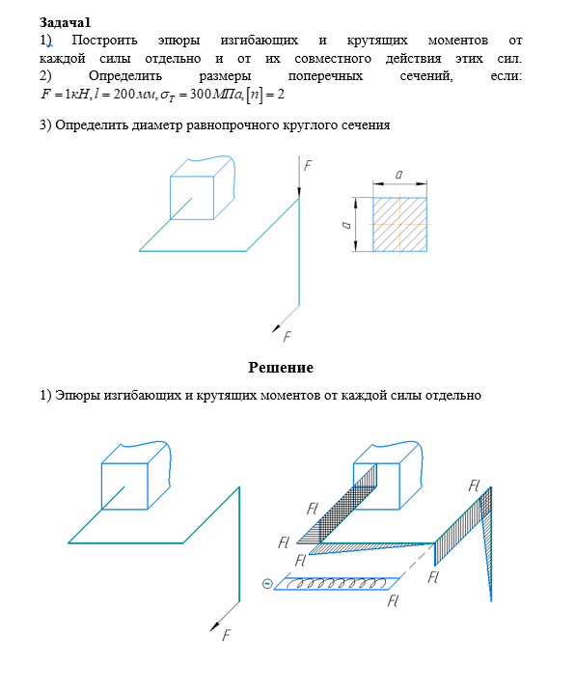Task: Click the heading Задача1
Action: click(x=65, y=22)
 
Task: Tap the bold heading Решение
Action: click(x=281, y=368)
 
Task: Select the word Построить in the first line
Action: click(x=104, y=41)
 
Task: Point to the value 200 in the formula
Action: click(x=124, y=94)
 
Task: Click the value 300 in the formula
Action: click(x=201, y=94)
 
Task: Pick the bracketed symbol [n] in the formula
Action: click(x=254, y=95)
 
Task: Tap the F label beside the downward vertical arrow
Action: click(x=308, y=165)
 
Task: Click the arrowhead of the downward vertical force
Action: click(x=299, y=192)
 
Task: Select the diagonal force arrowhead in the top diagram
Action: click(x=276, y=328)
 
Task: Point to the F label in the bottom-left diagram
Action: click(x=226, y=635)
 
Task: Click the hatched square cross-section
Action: click(x=399, y=225)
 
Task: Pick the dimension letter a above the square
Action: click(x=398, y=175)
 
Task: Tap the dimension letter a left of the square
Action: click(x=346, y=225)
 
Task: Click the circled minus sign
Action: click(x=267, y=584)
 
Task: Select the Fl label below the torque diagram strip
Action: click(x=393, y=601)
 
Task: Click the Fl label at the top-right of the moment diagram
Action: click(x=474, y=486)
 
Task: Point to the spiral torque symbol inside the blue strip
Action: click(x=337, y=583)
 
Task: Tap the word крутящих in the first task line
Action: click(x=377, y=41)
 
